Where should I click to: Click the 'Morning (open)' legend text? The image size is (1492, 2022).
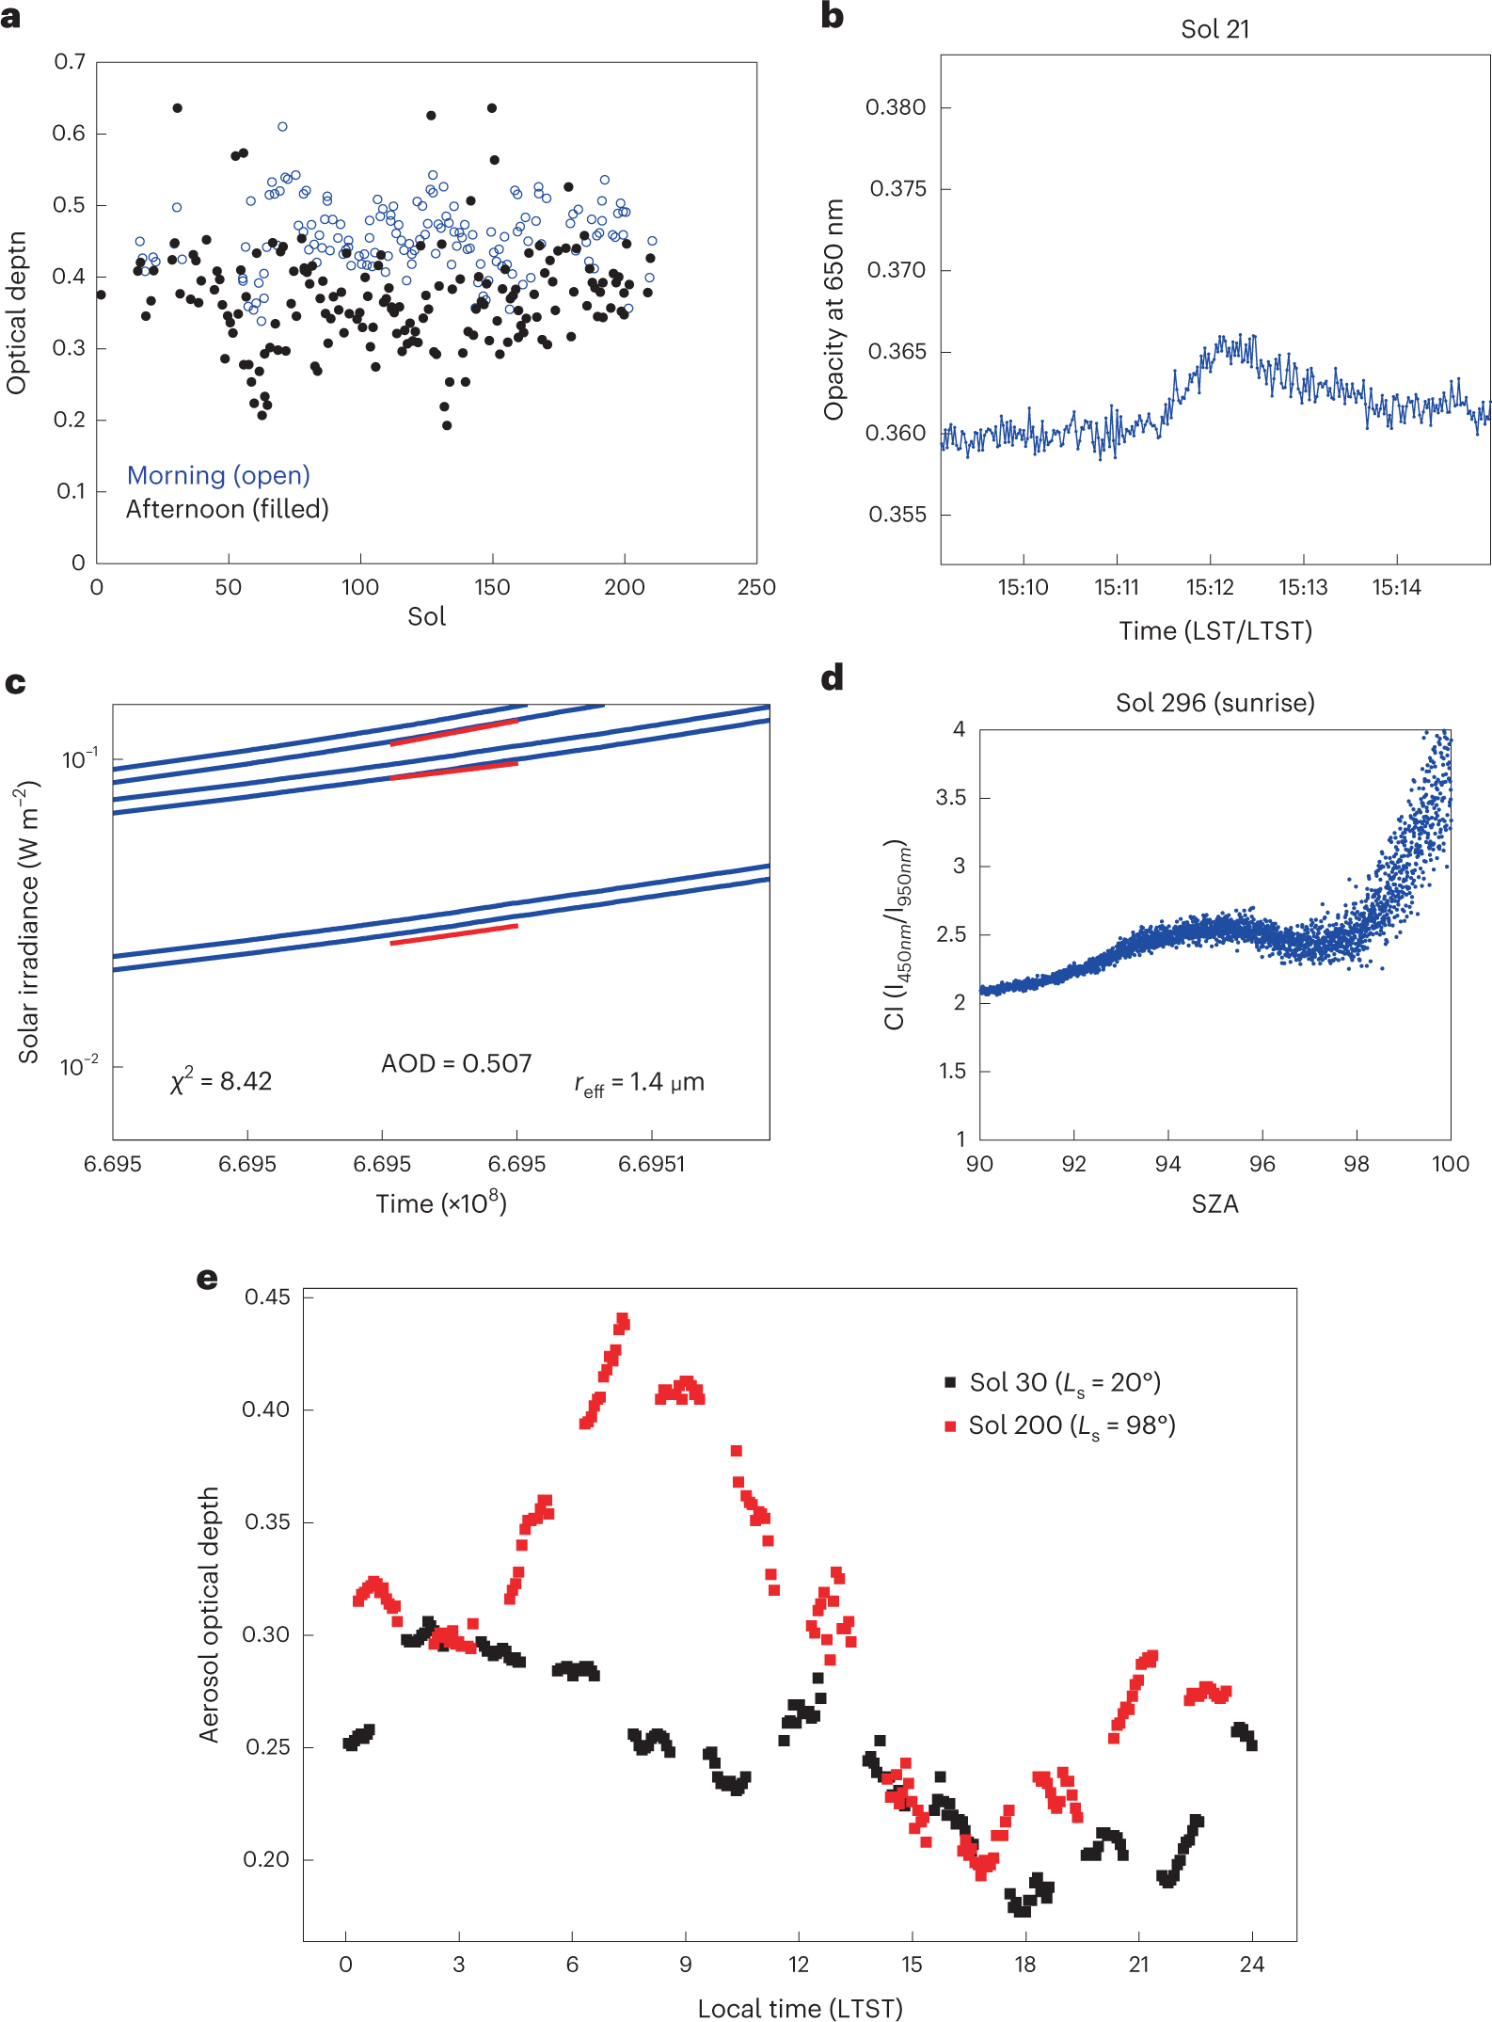click(x=218, y=476)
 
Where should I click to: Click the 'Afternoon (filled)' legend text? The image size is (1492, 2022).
click(x=227, y=509)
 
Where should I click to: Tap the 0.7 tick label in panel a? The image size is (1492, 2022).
click(x=70, y=62)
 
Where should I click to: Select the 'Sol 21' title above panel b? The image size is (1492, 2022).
click(x=1214, y=29)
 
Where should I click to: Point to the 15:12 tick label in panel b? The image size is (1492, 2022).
click(x=1209, y=588)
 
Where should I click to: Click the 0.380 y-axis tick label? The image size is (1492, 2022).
click(x=895, y=107)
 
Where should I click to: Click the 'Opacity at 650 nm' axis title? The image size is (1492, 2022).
click(x=833, y=310)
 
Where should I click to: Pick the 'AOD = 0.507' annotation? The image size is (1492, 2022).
click(x=456, y=1063)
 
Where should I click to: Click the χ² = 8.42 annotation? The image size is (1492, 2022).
click(x=221, y=1081)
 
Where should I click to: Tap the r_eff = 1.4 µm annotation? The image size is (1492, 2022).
click(x=639, y=1083)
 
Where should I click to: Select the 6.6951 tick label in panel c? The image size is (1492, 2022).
click(x=651, y=1164)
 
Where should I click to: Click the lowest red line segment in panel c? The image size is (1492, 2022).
click(x=453, y=934)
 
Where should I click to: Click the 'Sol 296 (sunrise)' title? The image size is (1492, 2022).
click(x=1214, y=703)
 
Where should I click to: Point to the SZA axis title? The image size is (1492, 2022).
click(x=1214, y=1203)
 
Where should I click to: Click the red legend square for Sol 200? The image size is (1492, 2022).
click(x=950, y=1426)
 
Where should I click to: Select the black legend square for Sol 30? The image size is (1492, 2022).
click(x=950, y=1382)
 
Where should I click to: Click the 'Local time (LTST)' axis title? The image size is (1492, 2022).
click(x=800, y=2009)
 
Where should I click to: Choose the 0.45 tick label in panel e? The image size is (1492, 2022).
click(x=267, y=1298)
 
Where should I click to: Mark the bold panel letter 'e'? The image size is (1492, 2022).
click(x=207, y=1279)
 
